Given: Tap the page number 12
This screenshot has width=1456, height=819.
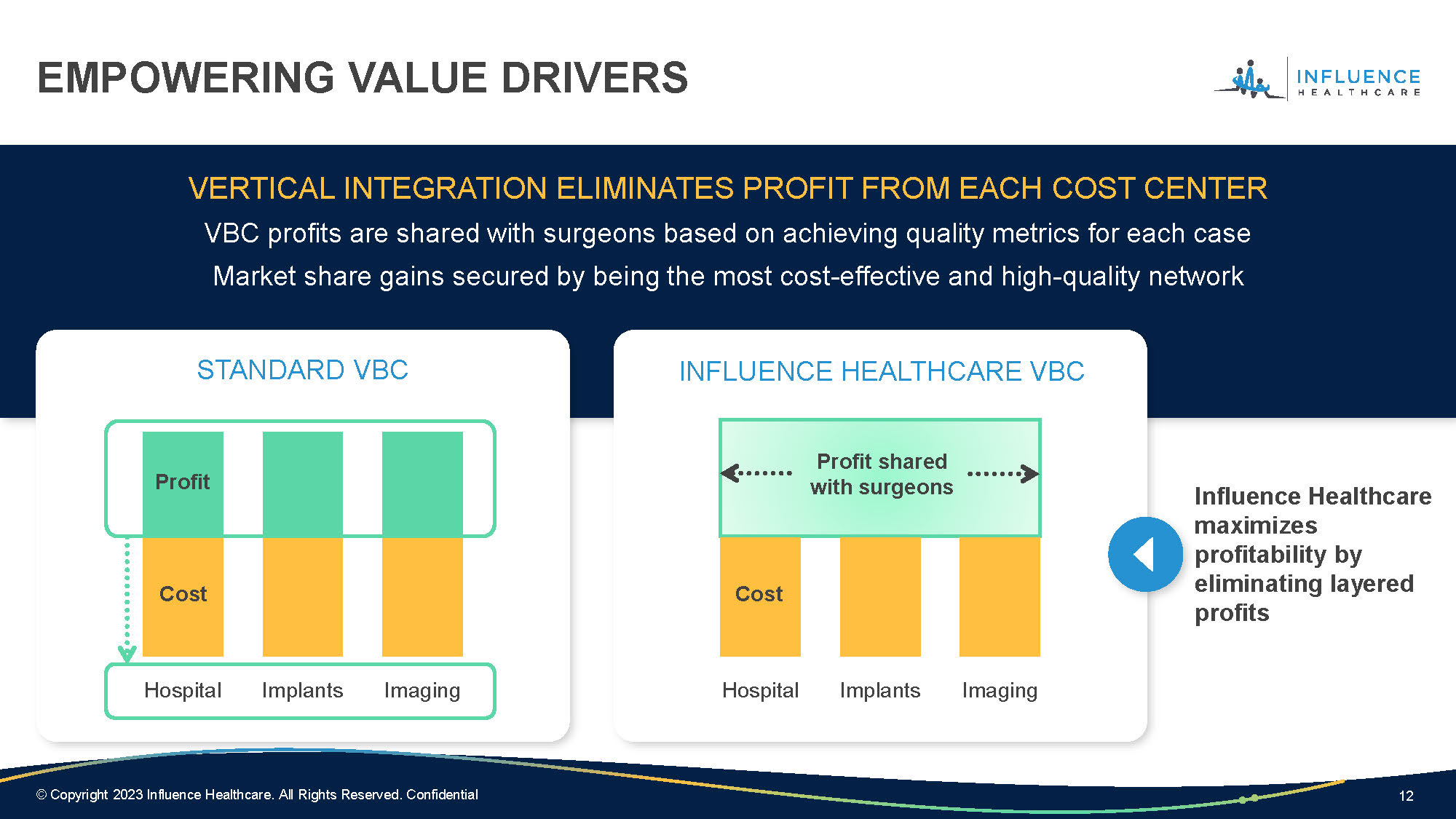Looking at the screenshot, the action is (1406, 796).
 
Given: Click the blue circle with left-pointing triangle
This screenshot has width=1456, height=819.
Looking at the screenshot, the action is (1145, 554).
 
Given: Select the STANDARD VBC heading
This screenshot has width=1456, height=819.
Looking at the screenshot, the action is (302, 370).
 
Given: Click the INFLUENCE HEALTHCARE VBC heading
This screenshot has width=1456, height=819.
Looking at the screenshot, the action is (882, 371).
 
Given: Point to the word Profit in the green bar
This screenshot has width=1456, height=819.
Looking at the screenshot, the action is (183, 481).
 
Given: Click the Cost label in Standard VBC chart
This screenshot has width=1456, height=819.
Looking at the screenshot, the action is (183, 593).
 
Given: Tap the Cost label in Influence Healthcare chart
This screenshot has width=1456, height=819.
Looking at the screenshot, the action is (759, 593).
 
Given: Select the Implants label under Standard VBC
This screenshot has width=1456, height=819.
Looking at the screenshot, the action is (302, 690).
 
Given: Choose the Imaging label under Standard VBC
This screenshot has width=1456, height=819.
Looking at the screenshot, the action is (422, 690).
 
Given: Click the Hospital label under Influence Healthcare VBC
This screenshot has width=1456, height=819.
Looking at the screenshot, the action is (760, 690).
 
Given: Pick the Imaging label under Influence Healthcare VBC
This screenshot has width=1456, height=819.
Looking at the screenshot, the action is (1000, 690).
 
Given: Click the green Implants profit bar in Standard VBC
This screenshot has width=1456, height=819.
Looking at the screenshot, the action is (303, 484).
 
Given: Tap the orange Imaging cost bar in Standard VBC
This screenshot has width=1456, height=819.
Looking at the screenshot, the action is (422, 597).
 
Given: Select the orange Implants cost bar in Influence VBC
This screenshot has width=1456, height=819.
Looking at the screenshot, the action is (880, 597).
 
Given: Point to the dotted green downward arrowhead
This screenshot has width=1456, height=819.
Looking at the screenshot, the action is (127, 653).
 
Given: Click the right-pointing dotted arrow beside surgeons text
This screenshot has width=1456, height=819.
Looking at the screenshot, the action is (1003, 474).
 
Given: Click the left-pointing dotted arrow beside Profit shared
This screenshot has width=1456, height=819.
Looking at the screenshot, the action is (756, 473).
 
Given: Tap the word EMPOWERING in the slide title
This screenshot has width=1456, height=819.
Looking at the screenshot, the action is (186, 78).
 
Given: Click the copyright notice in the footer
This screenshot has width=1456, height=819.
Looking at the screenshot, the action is (257, 794).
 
